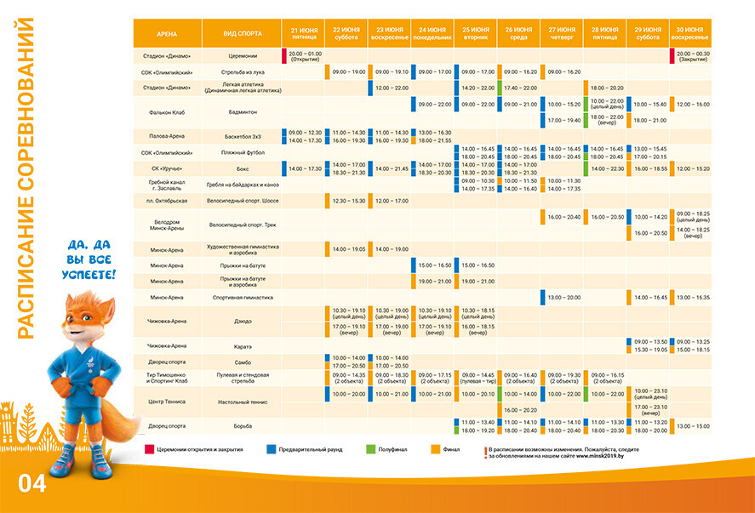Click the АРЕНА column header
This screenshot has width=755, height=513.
point(167,33)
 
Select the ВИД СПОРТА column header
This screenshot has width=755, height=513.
point(242,33)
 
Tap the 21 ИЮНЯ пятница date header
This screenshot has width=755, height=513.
point(304,33)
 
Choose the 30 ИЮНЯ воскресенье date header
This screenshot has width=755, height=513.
point(690,33)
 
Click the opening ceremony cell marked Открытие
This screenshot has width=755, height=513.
point(305,56)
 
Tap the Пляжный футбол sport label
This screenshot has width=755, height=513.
point(243,152)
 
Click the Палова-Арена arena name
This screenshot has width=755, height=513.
point(167,136)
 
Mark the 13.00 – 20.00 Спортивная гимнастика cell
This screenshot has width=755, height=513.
point(563,297)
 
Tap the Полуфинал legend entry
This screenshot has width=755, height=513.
point(396,449)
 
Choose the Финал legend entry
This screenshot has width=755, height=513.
point(452,449)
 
